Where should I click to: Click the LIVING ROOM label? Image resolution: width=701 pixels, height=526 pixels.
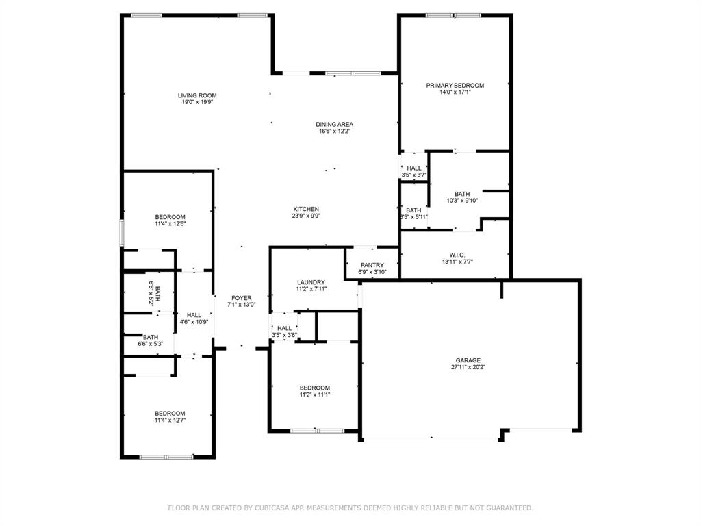tap(197, 95)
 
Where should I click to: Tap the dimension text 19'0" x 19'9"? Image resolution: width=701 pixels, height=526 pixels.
tap(197, 103)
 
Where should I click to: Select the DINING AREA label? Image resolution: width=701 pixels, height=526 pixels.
tap(334, 124)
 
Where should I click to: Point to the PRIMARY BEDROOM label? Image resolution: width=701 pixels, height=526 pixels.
tap(455, 86)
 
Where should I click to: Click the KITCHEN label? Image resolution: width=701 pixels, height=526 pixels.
tap(306, 209)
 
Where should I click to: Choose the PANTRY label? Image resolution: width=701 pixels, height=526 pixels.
tap(372, 265)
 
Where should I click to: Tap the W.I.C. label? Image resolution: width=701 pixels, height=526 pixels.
tap(458, 254)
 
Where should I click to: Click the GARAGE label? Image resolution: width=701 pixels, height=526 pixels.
tap(468, 360)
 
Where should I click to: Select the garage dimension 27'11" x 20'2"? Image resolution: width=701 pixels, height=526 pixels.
tap(468, 367)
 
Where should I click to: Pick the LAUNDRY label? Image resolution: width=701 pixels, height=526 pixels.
tap(311, 282)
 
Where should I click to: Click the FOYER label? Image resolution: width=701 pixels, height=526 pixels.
tap(241, 298)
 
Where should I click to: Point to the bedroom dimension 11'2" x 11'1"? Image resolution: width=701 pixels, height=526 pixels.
tap(314, 394)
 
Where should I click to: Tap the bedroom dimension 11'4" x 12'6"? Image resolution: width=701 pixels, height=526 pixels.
tap(170, 224)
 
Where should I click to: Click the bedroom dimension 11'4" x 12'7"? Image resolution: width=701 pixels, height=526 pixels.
tap(170, 420)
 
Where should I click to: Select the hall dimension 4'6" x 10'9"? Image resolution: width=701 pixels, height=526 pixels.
tap(194, 322)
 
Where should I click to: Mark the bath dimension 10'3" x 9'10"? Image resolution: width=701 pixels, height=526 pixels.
tap(462, 201)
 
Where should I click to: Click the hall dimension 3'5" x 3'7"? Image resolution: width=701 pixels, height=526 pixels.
tap(414, 175)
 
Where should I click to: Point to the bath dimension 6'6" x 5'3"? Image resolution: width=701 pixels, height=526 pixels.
tap(151, 344)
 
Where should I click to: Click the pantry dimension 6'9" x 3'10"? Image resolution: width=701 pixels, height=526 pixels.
tap(372, 272)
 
